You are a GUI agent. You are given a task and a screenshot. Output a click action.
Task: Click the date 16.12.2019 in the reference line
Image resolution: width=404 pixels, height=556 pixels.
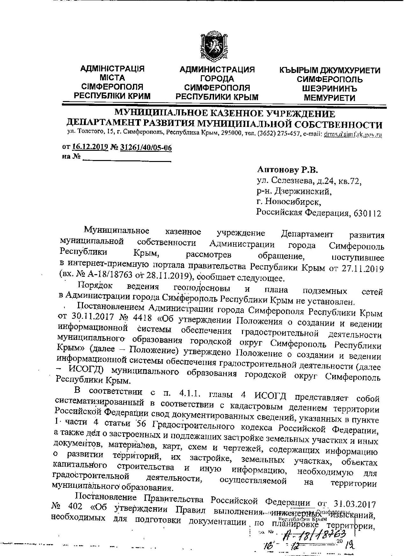click(90, 147)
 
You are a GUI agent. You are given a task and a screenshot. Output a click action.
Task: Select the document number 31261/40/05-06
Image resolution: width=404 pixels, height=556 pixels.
click(146, 148)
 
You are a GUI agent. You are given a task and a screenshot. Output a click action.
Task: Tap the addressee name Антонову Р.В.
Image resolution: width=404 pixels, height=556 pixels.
click(288, 170)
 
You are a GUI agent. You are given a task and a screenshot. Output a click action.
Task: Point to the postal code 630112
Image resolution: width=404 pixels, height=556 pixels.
click(367, 213)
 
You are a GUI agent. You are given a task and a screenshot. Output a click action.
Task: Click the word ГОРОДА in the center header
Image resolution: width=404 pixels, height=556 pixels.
click(217, 79)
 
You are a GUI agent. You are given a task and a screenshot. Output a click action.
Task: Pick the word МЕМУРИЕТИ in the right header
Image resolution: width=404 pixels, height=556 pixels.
click(329, 98)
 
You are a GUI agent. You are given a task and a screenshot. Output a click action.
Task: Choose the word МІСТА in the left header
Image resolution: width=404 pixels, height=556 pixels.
click(112, 78)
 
